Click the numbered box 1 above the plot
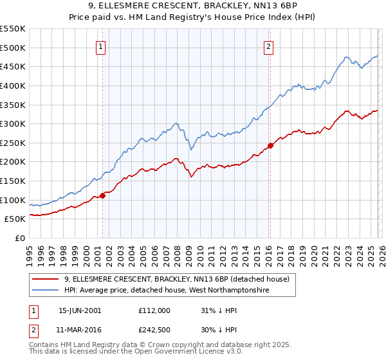102,46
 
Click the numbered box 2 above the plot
268,46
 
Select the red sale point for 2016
270,145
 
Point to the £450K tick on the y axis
12,66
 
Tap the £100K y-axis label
12,200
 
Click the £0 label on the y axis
19,239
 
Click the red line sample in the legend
46,279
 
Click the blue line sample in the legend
46,291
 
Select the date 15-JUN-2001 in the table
80,310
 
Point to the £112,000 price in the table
154,310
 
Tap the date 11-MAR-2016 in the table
80,330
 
